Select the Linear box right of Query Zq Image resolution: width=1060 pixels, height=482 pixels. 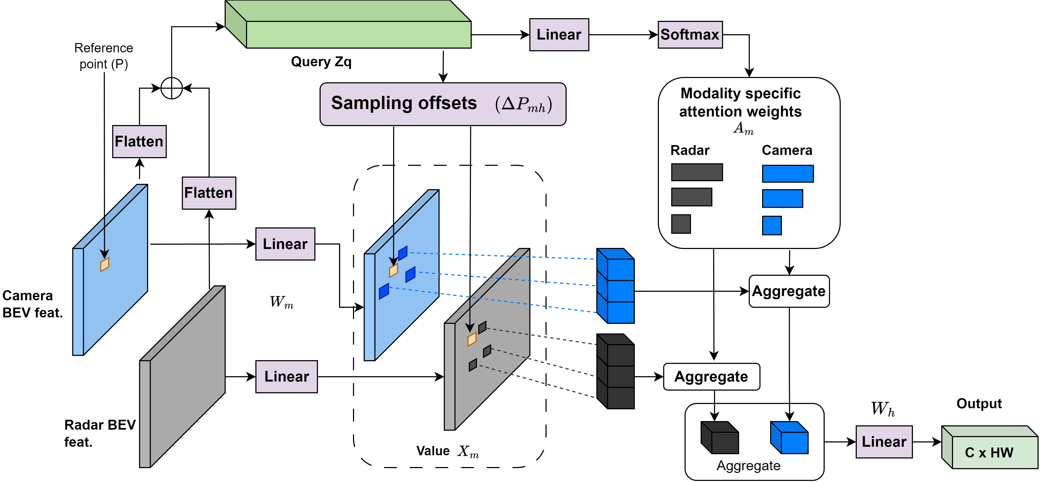tap(559, 34)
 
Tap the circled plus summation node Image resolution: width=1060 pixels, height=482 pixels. tap(171, 88)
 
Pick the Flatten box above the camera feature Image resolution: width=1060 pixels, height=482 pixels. tap(139, 142)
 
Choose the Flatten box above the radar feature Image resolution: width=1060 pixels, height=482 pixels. tap(209, 193)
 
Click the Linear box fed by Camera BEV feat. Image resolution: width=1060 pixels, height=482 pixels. tap(285, 244)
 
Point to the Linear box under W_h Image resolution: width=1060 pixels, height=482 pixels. tap(884, 442)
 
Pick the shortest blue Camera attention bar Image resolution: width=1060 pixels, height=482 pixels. tap(771, 226)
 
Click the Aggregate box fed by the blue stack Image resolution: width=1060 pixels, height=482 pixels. tap(789, 291)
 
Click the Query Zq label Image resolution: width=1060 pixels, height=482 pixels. tap(321, 62)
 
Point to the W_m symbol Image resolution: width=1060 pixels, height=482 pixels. tap(282, 302)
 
